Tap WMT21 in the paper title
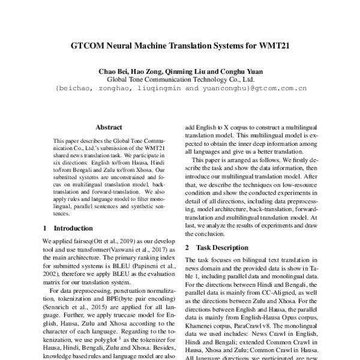pyautogui.click(x=274, y=45)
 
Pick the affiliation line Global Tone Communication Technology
pyautogui.click(x=180, y=79)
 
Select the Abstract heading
pyautogui.click(x=109, y=128)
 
